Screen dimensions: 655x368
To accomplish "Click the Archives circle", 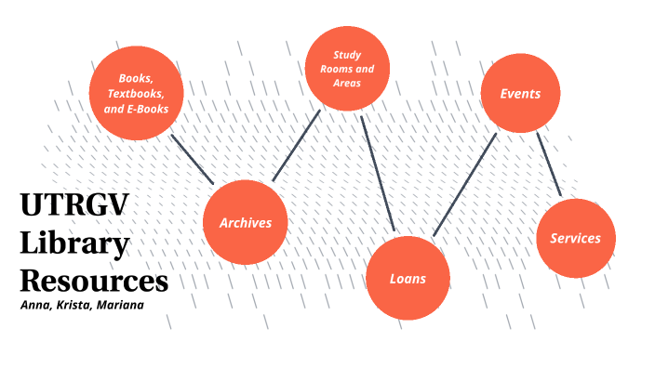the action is pos(245,223).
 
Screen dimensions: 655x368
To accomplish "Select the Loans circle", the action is pos(408,278).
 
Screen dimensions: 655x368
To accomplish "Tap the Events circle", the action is pos(519,94).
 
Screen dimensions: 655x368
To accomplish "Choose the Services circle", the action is pos(575,238).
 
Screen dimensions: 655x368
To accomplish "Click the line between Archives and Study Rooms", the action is pos(296,145).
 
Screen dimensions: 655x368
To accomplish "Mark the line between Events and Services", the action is pos(549,165).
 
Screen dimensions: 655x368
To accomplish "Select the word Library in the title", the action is pos(74,244).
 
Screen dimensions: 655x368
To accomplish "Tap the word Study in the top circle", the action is pos(347,54).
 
